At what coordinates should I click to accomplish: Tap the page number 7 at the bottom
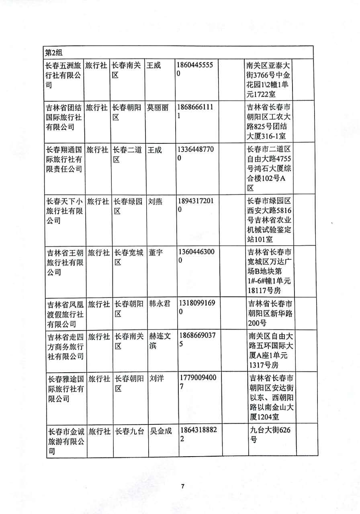pyautogui.click(x=182, y=486)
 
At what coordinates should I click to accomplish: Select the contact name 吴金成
pyautogui.click(x=161, y=431)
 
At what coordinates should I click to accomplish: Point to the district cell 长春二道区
pyautogui.click(x=127, y=155)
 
